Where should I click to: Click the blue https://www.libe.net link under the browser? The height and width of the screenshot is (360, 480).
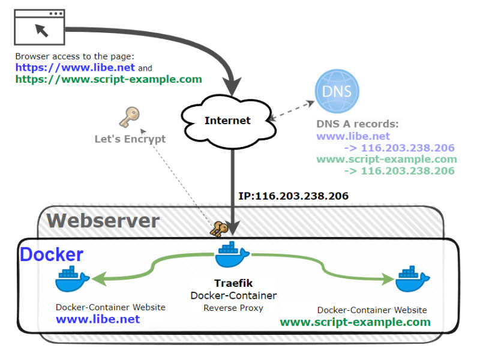tap(75, 68)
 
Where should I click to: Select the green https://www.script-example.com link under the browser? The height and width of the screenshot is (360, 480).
tap(109, 79)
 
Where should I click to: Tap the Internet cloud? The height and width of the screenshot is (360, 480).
tap(227, 121)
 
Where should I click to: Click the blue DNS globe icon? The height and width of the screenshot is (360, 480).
tap(337, 92)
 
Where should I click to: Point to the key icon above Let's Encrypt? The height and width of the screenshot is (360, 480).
tap(129, 118)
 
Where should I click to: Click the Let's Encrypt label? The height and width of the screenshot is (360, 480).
tap(130, 139)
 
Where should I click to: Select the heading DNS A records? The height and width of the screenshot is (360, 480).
tap(358, 125)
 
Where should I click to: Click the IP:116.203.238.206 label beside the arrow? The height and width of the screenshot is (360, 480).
tap(293, 196)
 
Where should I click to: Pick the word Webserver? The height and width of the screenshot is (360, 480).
tap(103, 220)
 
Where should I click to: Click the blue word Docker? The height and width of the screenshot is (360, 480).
tap(52, 254)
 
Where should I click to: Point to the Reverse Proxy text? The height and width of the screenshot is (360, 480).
tap(233, 308)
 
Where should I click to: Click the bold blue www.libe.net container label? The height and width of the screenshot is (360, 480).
tap(98, 319)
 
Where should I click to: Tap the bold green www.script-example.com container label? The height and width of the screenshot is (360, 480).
tap(355, 322)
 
